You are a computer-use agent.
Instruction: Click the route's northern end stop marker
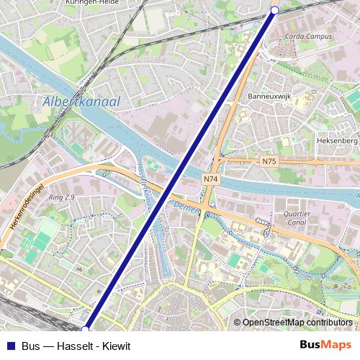click(274, 9)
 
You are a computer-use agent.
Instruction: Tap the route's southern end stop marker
click(86, 329)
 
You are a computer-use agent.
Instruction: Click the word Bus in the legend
click(30, 346)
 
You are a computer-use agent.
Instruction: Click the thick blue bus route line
click(180, 169)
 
